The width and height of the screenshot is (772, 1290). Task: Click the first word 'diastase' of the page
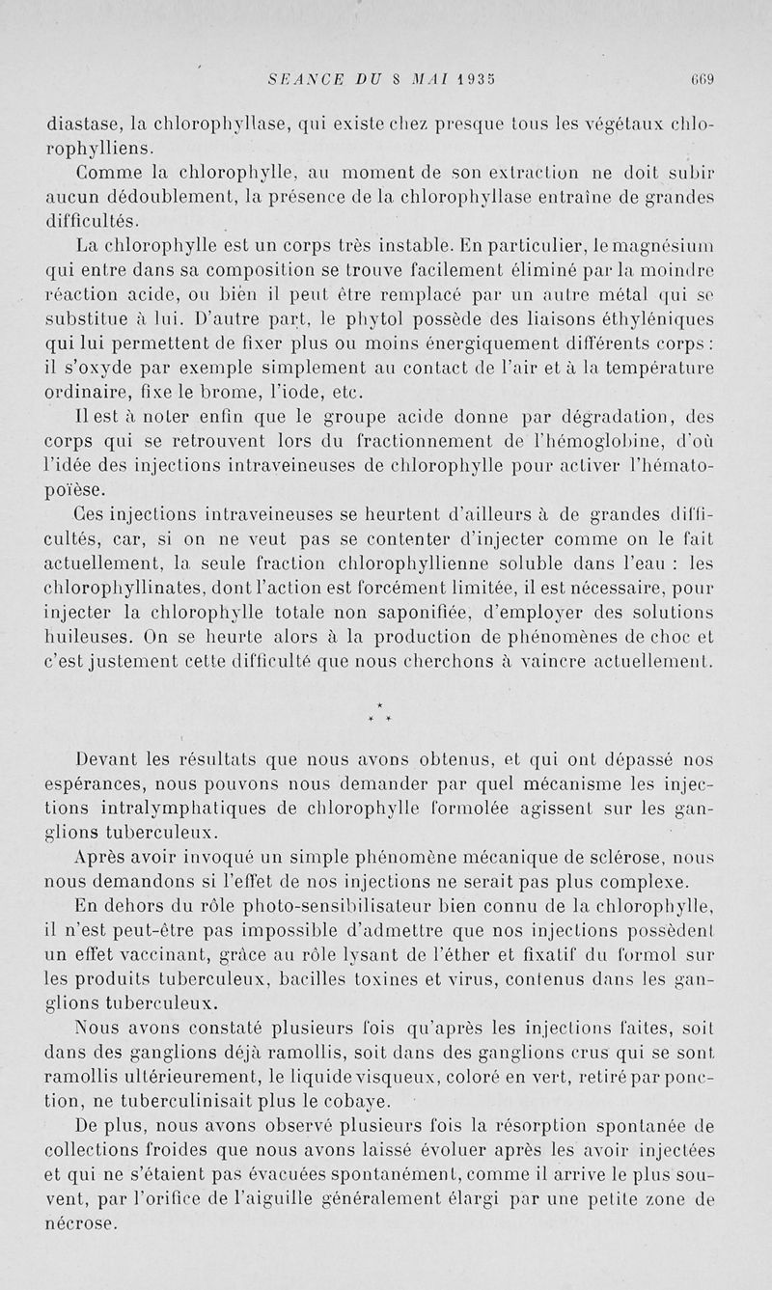[x=82, y=123]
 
